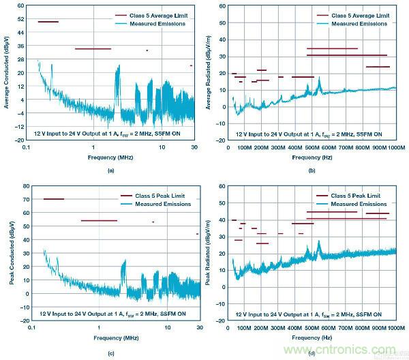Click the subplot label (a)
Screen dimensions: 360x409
click(110, 170)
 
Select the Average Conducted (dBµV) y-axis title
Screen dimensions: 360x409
click(7, 73)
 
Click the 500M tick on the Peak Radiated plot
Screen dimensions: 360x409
click(312, 328)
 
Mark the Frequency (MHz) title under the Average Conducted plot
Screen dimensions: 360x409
click(110, 156)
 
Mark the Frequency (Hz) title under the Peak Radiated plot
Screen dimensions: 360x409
click(312, 337)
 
